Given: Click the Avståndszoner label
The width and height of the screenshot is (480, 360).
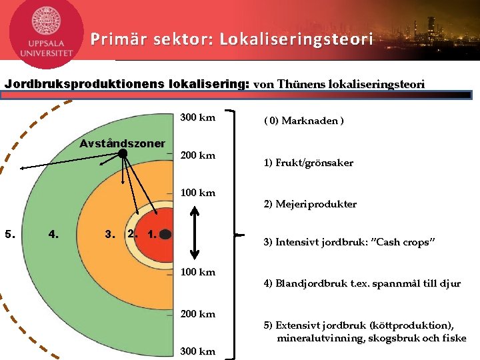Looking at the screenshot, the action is coord(122,143).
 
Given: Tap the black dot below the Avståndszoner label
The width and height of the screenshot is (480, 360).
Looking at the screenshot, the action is coord(123,154).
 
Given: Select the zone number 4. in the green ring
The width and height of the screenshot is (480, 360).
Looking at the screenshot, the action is coord(55,234).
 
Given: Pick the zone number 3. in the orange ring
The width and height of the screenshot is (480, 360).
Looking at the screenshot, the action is coord(111,234).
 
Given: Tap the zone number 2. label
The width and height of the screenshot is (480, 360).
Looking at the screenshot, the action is coord(133,234).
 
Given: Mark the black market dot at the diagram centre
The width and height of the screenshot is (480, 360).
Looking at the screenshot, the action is coord(166,234).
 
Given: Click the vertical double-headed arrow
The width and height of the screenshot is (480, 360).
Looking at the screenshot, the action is coord(195,232).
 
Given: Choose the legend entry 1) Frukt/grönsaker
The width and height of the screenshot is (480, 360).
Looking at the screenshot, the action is coord(309,163).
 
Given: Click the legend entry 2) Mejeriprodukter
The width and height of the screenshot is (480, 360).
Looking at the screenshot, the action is coord(310,204).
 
